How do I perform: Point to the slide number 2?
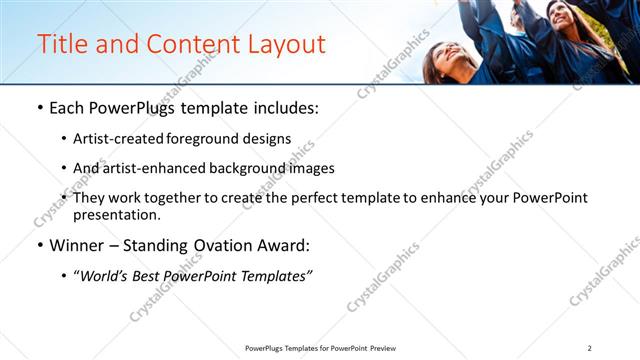pos(590,348)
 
